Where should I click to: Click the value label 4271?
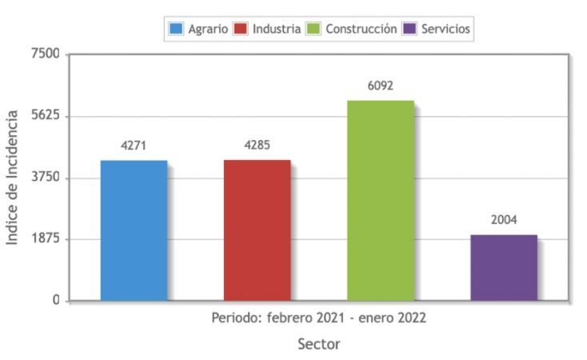pyautogui.click(x=134, y=146)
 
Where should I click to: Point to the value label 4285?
pyautogui.click(x=257, y=146)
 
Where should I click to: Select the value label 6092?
pyautogui.click(x=381, y=86)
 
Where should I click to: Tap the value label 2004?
pyautogui.click(x=504, y=220)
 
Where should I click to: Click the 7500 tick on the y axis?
pyautogui.click(x=46, y=54)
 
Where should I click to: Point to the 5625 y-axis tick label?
pyautogui.click(x=46, y=116)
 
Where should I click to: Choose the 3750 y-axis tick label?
pyautogui.click(x=46, y=178)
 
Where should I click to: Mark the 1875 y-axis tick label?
pyautogui.click(x=46, y=239)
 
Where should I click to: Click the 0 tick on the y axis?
pyautogui.click(x=56, y=301)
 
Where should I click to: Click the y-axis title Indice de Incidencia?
pyautogui.click(x=13, y=178)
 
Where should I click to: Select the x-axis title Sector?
pyautogui.click(x=318, y=345)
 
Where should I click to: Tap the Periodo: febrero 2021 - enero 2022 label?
pyautogui.click(x=318, y=318)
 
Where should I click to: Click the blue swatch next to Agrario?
pyautogui.click(x=176, y=30)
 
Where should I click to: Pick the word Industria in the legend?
pyautogui.click(x=277, y=29)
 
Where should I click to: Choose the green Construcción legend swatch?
pyautogui.click(x=313, y=30)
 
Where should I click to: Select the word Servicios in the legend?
pyautogui.click(x=446, y=29)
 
